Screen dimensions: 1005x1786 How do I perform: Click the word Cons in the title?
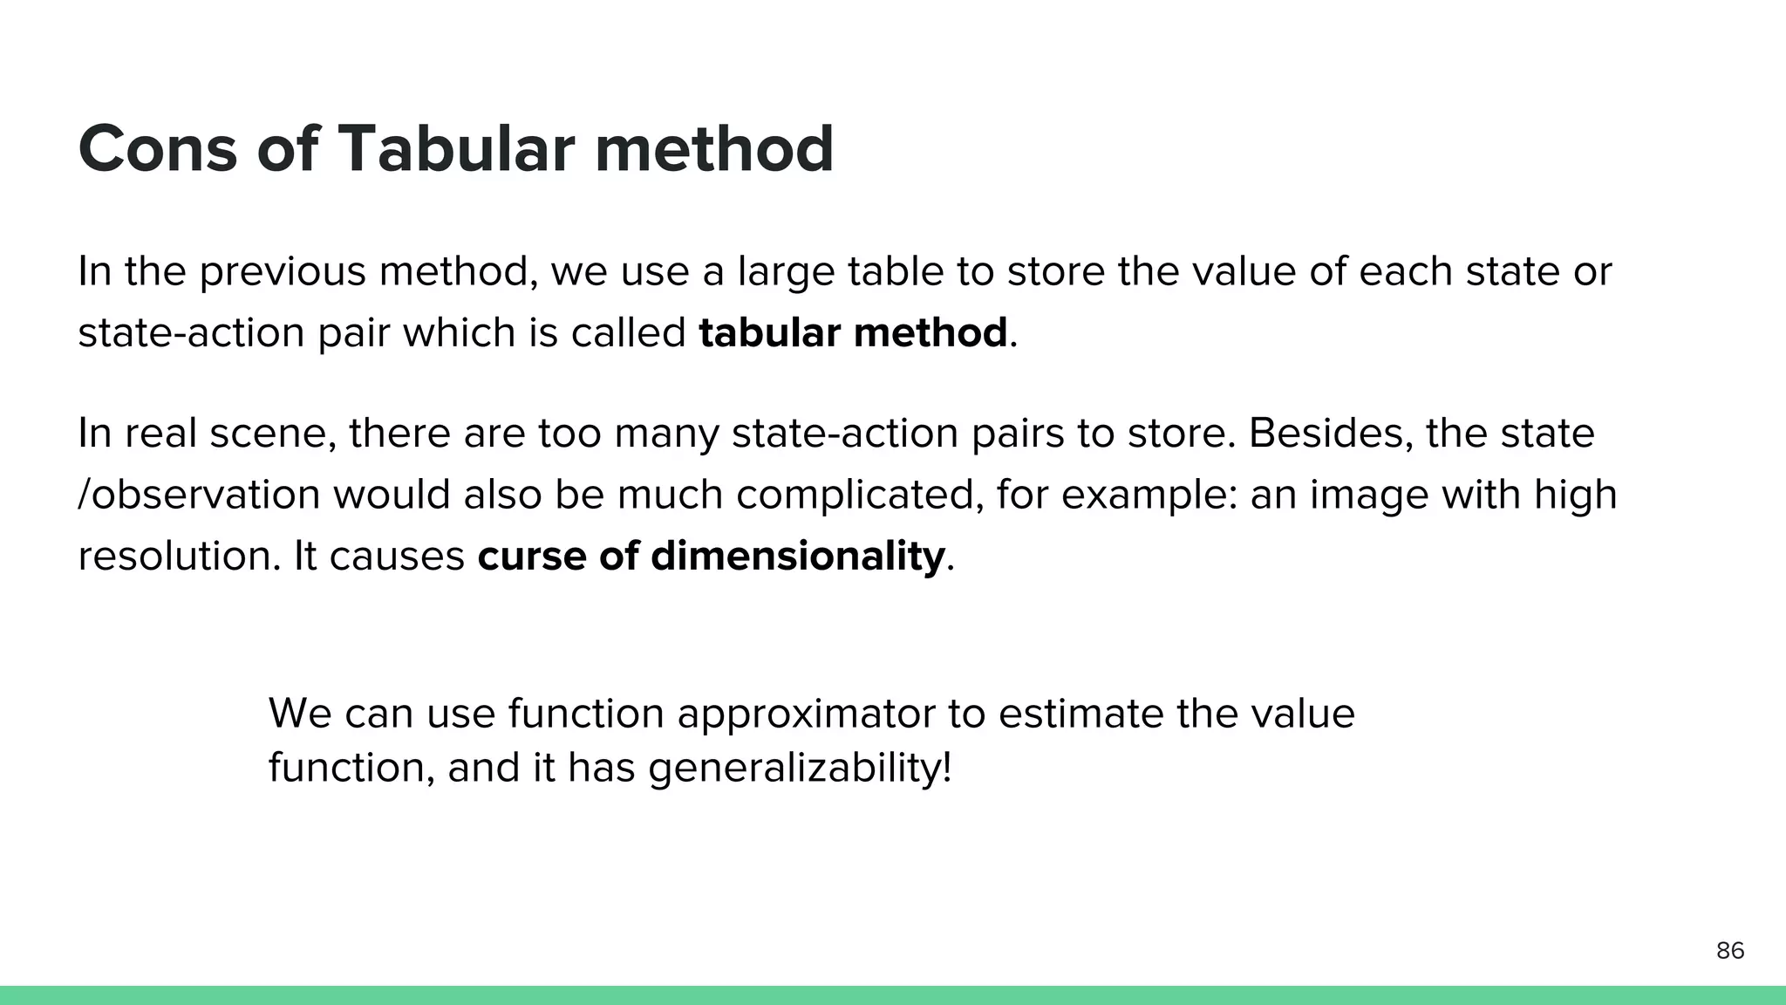pyautogui.click(x=157, y=149)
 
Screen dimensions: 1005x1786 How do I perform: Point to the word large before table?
pyautogui.click(x=786, y=271)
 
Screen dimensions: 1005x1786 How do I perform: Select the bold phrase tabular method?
pyautogui.click(x=853, y=333)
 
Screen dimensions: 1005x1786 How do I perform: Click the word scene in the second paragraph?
pyautogui.click(x=271, y=434)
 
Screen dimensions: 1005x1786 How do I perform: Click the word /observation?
pyautogui.click(x=199, y=495)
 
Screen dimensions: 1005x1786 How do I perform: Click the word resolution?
pyautogui.click(x=174, y=556)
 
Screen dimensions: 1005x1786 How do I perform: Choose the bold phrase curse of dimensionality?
pyautogui.click(x=711, y=556)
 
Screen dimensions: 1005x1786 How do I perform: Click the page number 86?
pyautogui.click(x=1730, y=951)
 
